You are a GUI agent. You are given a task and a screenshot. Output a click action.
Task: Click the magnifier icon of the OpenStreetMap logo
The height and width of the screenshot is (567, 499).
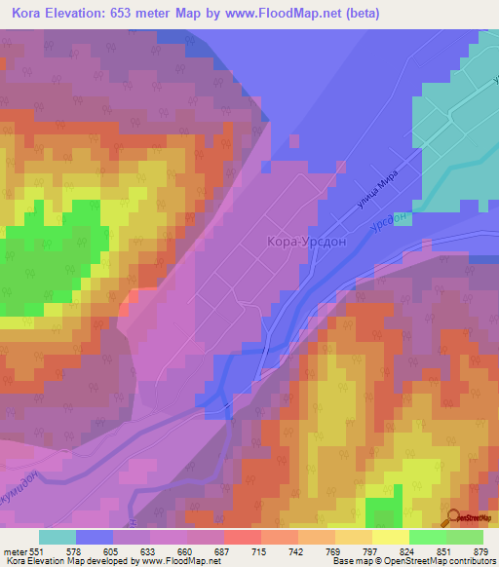point(454,516)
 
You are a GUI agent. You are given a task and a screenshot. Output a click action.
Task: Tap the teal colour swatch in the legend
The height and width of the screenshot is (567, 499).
point(58,537)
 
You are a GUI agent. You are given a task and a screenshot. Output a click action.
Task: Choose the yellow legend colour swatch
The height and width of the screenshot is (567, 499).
point(390,537)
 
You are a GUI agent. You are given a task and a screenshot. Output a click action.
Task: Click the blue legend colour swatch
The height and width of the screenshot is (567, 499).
point(95,537)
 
